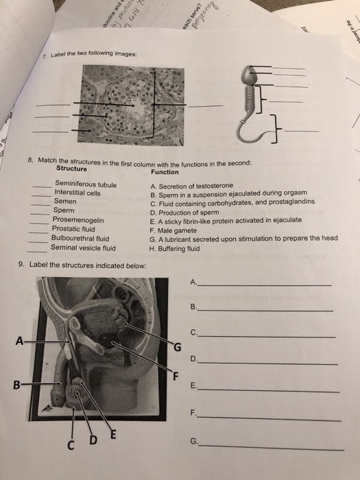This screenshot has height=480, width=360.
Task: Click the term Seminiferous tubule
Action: point(86,184)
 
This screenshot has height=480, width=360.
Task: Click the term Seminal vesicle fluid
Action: point(84,248)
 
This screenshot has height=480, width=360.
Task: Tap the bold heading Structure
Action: point(71,169)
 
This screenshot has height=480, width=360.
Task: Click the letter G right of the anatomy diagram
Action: point(178,347)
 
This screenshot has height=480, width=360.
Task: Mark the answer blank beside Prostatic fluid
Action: point(43,229)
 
